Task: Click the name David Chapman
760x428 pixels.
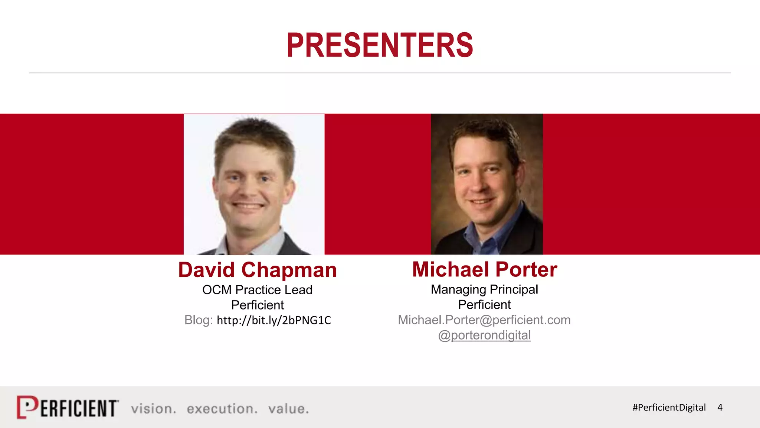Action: point(257,270)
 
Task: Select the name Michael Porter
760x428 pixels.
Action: point(484,269)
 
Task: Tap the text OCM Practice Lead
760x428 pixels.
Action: point(257,290)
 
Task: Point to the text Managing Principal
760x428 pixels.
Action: point(484,289)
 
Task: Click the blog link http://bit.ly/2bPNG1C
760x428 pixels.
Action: point(273,320)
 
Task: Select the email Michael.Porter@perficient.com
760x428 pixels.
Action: point(484,320)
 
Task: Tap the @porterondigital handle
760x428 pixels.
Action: point(484,335)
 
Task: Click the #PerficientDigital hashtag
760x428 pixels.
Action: point(669,408)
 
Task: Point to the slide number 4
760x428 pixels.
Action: point(720,408)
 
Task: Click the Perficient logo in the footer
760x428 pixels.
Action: point(68,408)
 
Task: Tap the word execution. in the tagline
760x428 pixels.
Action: point(222,409)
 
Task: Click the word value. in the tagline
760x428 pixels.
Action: point(288,409)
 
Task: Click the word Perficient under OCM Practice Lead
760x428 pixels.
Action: point(257,305)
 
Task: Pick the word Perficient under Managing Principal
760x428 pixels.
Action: point(484,305)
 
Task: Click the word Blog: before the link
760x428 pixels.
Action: point(199,320)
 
